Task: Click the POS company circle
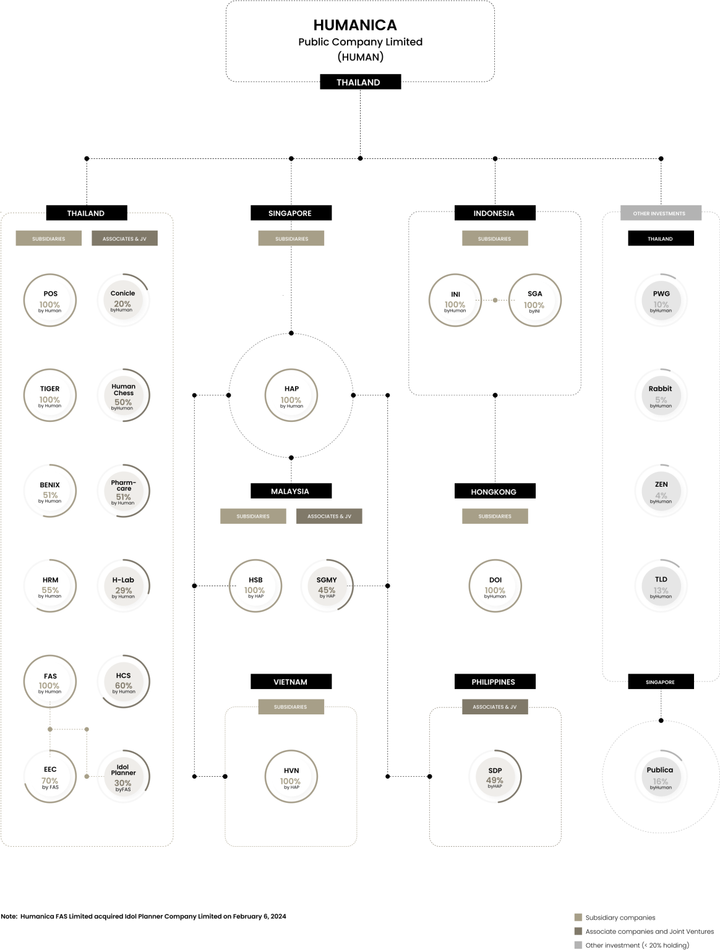(50, 301)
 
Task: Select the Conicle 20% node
(123, 301)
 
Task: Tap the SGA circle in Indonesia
(534, 301)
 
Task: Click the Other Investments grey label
(660, 213)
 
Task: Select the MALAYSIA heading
(290, 492)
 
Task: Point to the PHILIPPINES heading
(493, 682)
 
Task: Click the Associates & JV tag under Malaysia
(329, 516)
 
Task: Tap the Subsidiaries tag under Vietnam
(291, 707)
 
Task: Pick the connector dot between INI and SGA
(495, 301)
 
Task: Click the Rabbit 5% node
(660, 396)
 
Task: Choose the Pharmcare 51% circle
(123, 492)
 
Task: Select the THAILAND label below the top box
(358, 83)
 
